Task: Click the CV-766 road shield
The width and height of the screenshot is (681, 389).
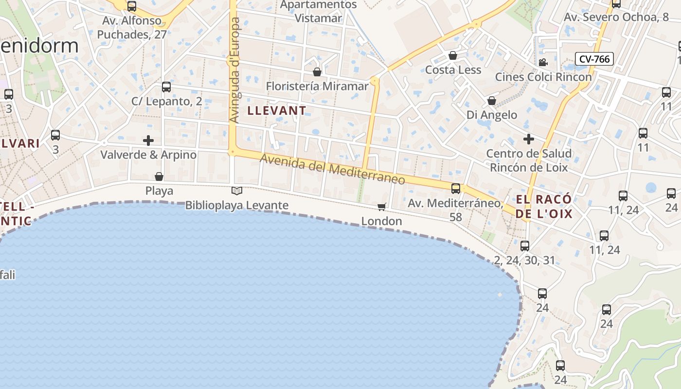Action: tap(594, 59)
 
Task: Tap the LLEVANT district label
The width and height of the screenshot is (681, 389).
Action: tap(277, 111)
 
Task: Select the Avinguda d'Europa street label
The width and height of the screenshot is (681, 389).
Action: tap(234, 71)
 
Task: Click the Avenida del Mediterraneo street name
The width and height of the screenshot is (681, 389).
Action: tap(332, 169)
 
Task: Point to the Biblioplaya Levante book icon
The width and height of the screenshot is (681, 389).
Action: tap(237, 191)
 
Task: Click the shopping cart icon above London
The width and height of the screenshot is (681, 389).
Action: tap(382, 207)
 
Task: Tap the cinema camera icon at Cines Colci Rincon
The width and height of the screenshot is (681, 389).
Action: tap(543, 62)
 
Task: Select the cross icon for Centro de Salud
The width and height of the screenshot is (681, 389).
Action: tap(529, 139)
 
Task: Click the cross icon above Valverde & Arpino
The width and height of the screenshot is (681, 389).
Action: tap(148, 141)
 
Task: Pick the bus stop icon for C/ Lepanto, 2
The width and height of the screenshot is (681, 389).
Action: tap(166, 87)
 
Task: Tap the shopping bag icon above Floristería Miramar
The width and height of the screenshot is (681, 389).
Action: tap(317, 72)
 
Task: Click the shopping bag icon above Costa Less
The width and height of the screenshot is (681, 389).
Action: tap(453, 55)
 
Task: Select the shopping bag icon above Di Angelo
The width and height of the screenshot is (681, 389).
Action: tap(492, 101)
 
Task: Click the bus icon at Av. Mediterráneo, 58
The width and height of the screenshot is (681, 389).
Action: tap(456, 189)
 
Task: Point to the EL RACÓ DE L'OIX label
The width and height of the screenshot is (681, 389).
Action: tap(544, 207)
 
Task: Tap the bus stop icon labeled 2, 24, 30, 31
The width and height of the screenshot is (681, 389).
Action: tap(524, 246)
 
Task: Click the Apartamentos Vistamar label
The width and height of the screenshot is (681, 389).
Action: tap(319, 12)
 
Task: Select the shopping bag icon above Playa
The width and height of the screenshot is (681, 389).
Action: tap(159, 177)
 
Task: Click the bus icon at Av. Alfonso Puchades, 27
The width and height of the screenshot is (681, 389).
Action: tap(132, 6)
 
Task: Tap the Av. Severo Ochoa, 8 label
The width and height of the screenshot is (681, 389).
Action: tap(616, 18)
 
